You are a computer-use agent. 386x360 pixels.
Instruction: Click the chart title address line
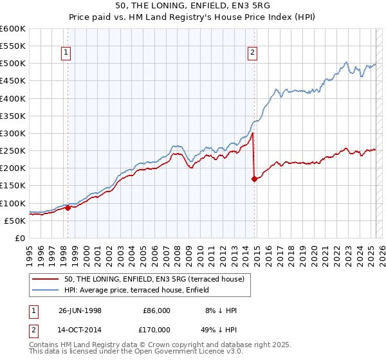coord(193,6)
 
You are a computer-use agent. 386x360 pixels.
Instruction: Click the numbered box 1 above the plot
coord(68,53)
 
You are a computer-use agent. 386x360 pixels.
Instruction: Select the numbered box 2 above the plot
coord(253,53)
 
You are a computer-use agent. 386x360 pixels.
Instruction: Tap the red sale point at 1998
coord(68,207)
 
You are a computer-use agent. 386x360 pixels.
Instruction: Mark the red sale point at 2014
coord(255,179)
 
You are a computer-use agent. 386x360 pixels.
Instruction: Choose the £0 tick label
coord(20,238)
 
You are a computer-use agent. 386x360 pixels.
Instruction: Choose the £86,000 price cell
coord(156,310)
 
